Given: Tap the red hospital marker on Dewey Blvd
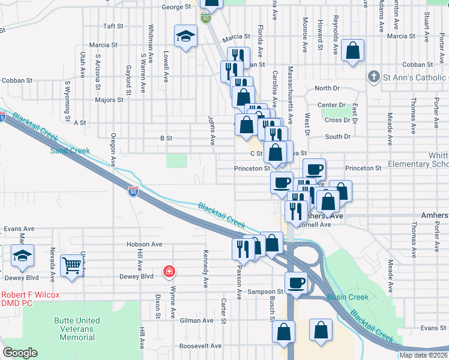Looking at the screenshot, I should tap(169, 272).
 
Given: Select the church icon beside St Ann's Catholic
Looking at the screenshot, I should tap(373, 77).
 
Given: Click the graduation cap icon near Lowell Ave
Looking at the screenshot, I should tap(185, 36).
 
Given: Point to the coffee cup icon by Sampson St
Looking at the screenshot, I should tap(295, 283).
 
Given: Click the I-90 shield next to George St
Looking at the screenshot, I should tap(206, 19).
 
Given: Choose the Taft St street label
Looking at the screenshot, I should tap(113, 26).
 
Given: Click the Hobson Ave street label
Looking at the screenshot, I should tap(144, 244).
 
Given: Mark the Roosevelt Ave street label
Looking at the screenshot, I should tap(200, 346).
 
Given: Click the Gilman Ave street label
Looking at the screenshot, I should tap(196, 321).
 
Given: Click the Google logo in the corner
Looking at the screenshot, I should tap(20, 353).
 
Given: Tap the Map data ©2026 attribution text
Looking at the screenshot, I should tap(423, 355).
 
